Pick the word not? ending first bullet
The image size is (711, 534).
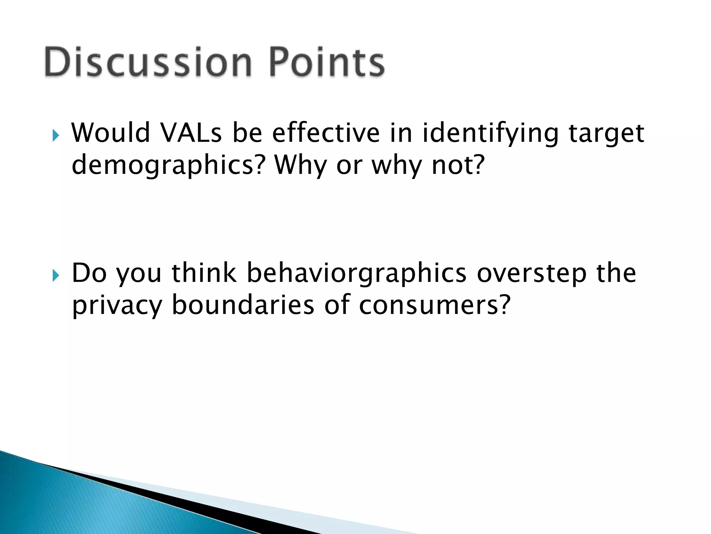point(458,165)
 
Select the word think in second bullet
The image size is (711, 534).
point(204,273)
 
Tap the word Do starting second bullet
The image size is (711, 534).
point(89,273)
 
